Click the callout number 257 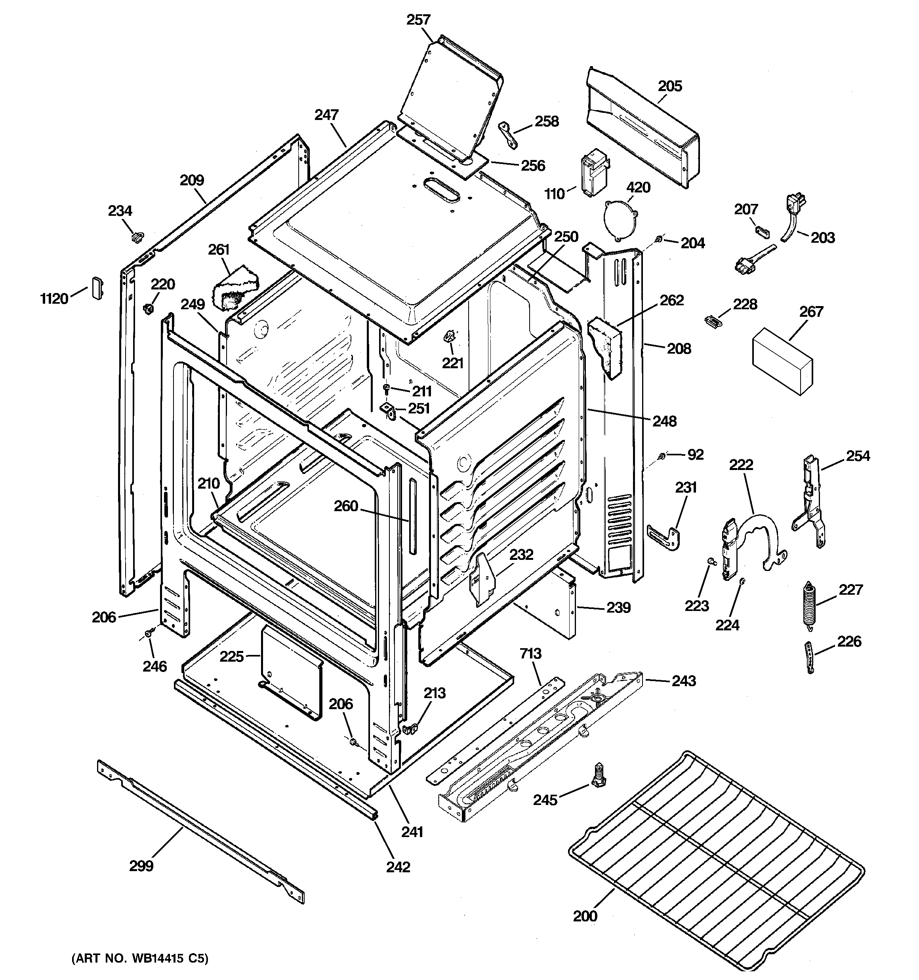[x=418, y=20]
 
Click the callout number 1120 [x=54, y=299]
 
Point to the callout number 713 [x=530, y=654]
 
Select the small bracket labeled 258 [x=507, y=135]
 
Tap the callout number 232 [x=521, y=555]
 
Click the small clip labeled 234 [x=137, y=237]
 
